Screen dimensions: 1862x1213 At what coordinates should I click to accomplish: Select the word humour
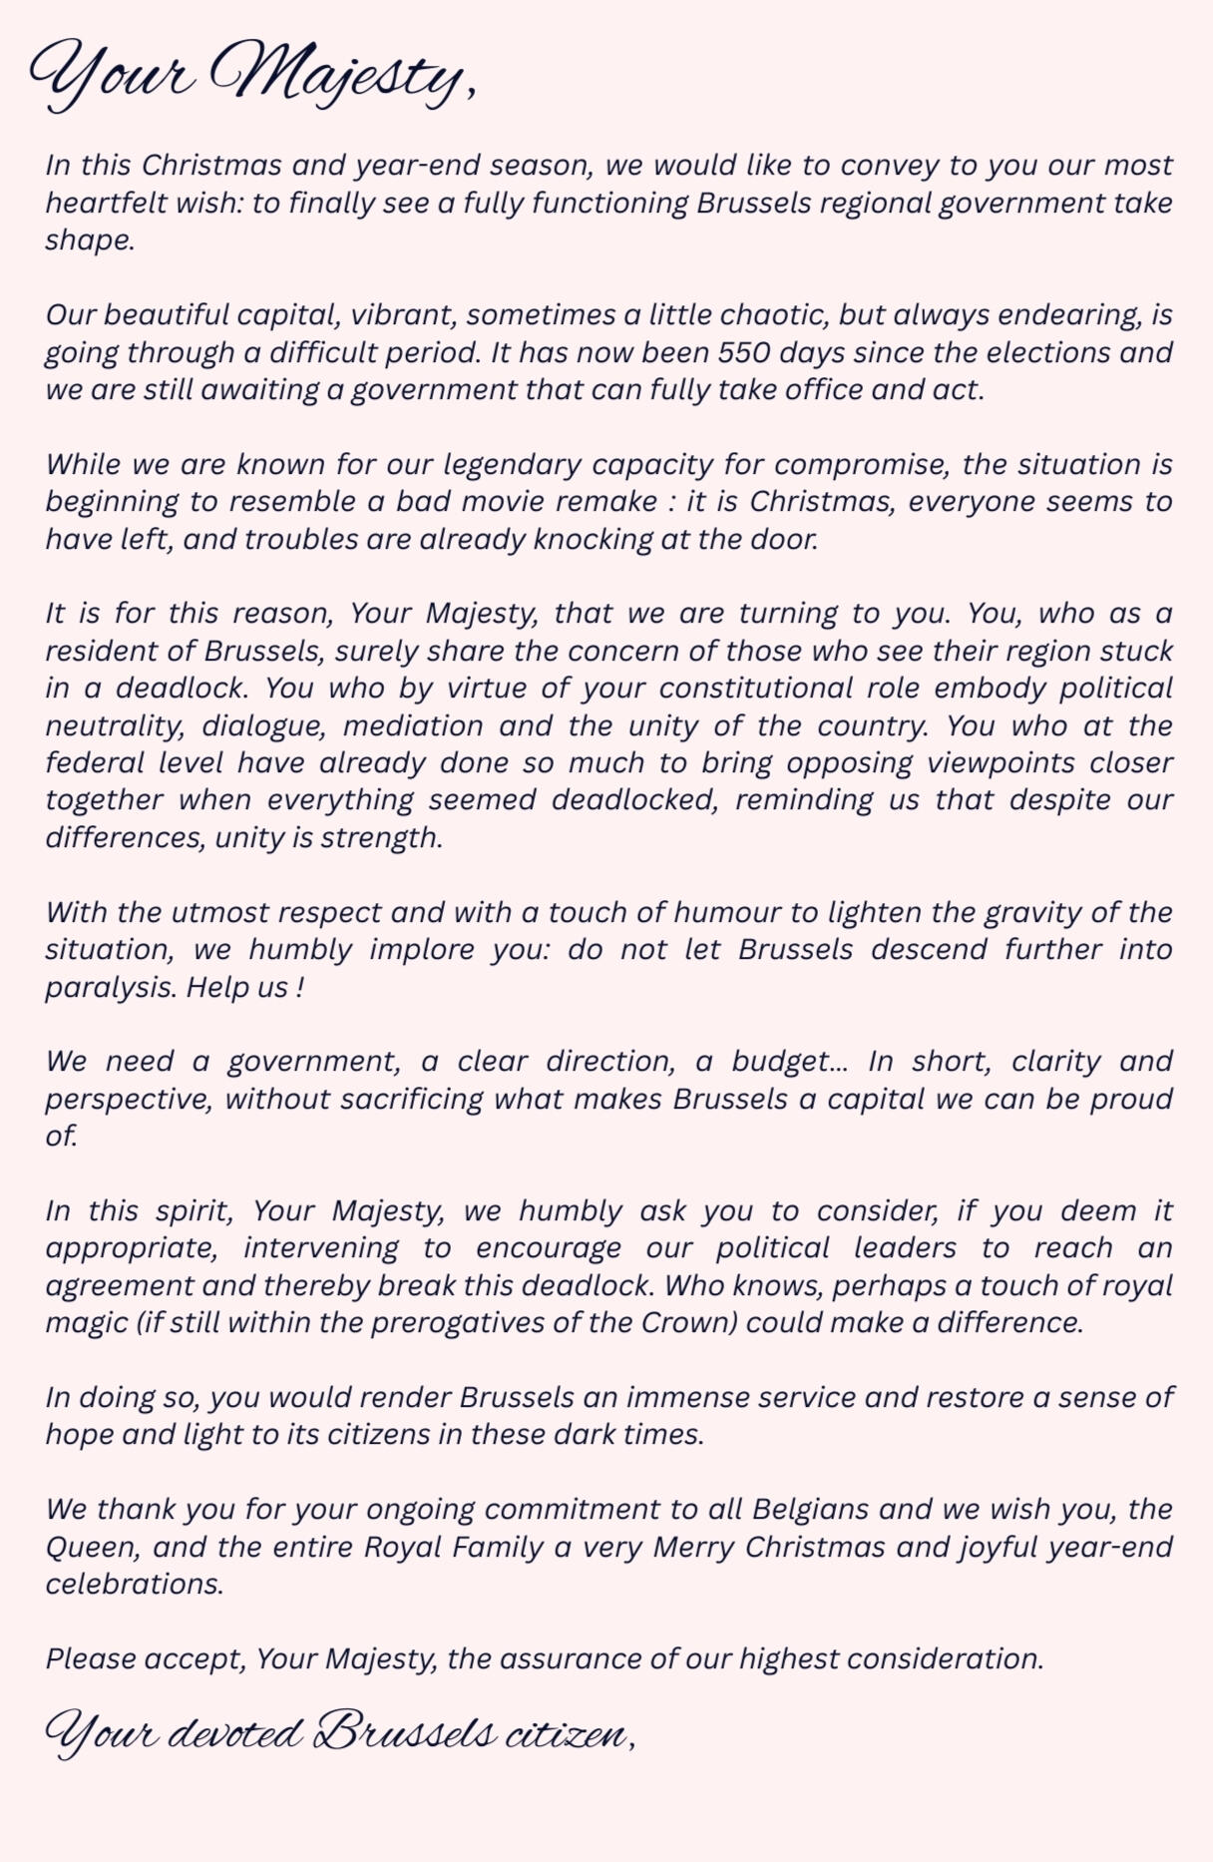[x=719, y=912]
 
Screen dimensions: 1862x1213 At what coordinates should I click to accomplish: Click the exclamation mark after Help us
[x=298, y=987]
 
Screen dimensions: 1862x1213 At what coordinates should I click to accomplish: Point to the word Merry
[x=693, y=1547]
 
